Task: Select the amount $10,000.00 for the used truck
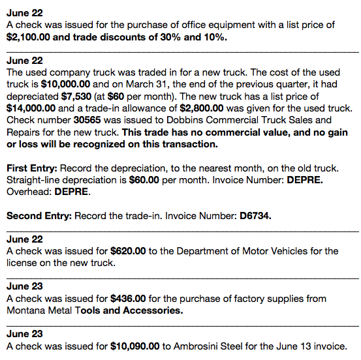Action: click(63, 84)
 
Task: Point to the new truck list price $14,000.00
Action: click(31, 108)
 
